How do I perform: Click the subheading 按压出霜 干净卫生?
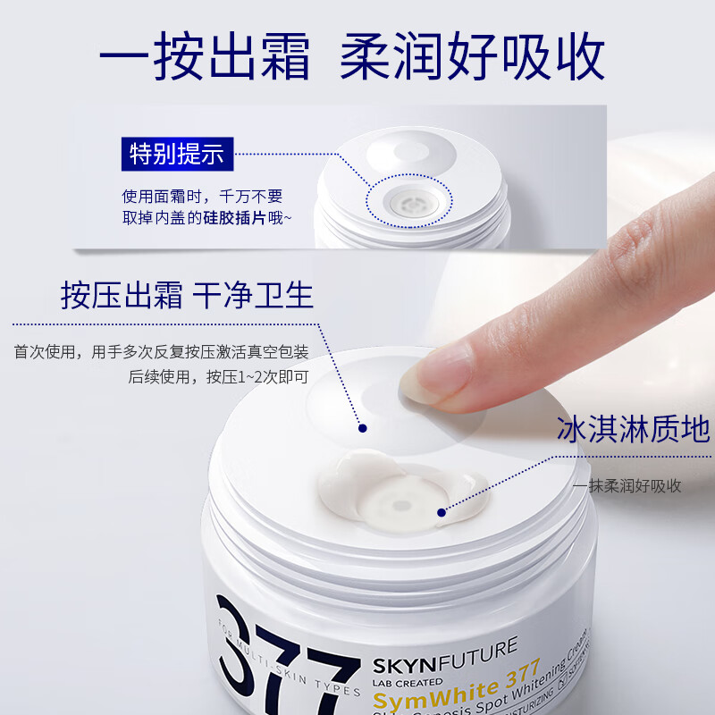(187, 295)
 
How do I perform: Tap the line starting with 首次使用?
(161, 351)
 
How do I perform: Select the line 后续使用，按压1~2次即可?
(218, 376)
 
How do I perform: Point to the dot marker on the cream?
(442, 512)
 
